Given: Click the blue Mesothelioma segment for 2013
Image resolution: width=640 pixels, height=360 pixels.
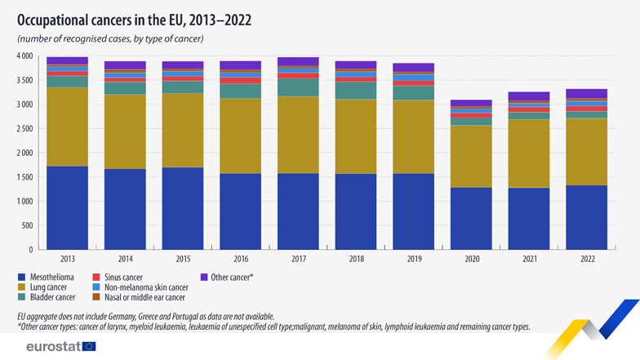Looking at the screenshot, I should (67, 207).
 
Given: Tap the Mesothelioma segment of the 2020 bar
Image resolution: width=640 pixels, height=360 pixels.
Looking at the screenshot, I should (471, 218).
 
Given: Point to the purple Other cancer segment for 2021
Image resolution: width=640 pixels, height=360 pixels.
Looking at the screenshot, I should (529, 96).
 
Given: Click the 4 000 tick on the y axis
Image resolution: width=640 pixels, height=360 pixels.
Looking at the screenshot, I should (24, 56).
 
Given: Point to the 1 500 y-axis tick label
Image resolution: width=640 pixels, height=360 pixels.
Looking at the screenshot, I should (24, 177).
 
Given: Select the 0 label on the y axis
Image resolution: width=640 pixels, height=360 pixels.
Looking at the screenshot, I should (29, 250).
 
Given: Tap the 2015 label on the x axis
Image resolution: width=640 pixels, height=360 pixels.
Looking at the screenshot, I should (183, 258).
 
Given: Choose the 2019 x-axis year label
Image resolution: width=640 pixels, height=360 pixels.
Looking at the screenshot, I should (413, 258).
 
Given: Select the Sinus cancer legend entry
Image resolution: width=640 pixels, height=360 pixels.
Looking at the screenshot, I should (119, 278).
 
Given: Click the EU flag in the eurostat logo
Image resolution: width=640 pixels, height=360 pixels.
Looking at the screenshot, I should (88, 346).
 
